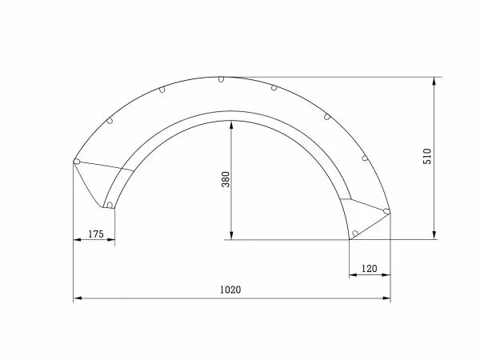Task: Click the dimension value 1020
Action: [x=232, y=290]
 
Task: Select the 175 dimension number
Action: [x=94, y=234]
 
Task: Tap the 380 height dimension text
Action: [x=226, y=180]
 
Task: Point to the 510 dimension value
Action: [x=428, y=156]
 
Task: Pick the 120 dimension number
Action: [x=369, y=269]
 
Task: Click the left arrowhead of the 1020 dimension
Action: [x=78, y=298]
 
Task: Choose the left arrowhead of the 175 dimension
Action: [x=77, y=240]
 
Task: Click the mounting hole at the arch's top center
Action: [x=220, y=79]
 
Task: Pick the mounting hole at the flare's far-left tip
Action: [x=77, y=162]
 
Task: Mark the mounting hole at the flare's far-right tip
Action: [x=386, y=211]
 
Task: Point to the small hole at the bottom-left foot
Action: [x=108, y=206]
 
